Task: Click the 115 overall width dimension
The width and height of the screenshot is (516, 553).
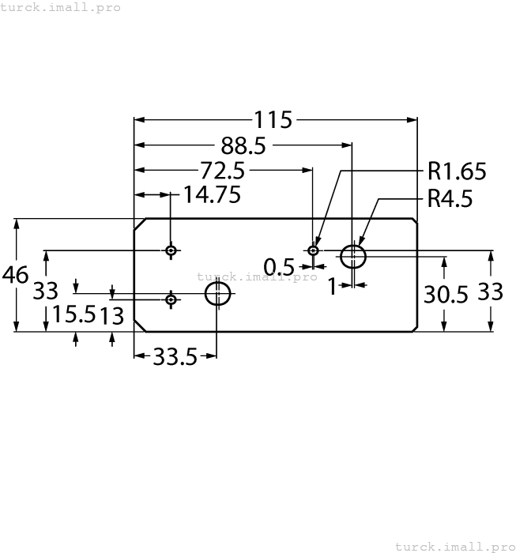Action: point(273,120)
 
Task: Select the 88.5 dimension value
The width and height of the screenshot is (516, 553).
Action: point(243,145)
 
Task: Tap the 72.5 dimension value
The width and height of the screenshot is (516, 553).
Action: point(223,171)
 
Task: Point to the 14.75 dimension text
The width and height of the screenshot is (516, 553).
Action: point(212,195)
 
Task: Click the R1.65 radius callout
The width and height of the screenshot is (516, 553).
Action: point(457,171)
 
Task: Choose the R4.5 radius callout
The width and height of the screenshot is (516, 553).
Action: point(450,198)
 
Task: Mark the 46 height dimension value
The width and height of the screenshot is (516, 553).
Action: point(16,275)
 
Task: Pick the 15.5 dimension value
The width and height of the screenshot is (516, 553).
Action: point(73,315)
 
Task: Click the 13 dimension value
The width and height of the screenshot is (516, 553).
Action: point(112,316)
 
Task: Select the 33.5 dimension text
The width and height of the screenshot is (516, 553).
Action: point(175,357)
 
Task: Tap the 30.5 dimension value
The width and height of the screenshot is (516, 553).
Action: point(446,294)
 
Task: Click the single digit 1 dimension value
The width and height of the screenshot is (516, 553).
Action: point(333,286)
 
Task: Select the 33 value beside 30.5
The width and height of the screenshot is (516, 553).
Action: point(491,292)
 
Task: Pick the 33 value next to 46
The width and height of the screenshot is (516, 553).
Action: point(46,291)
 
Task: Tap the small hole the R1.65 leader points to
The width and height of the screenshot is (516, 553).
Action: point(314,250)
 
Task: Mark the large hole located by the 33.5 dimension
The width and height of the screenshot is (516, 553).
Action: point(217,294)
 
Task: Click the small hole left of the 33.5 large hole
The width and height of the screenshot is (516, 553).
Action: point(171,299)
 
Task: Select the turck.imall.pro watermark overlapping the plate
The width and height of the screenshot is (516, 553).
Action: point(257,276)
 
